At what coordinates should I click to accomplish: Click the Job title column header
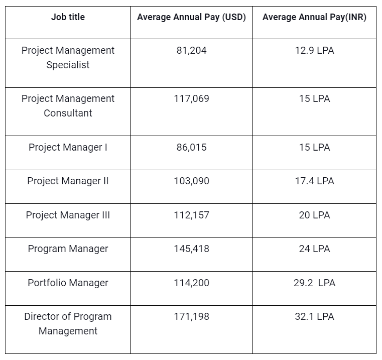point(68,17)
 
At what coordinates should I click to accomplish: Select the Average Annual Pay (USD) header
point(191,17)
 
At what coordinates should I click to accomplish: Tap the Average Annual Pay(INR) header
point(314,17)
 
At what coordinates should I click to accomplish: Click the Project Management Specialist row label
point(68,58)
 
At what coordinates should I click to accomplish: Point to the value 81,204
point(191,51)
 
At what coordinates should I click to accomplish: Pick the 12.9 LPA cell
point(314,51)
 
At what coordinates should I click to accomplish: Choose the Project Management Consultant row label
point(68,106)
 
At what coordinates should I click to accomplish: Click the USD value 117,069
point(191,99)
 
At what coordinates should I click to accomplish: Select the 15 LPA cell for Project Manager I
point(314,148)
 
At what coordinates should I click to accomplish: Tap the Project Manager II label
point(68,181)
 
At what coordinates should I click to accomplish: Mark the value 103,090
point(191,181)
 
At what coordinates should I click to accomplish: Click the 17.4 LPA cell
point(314,181)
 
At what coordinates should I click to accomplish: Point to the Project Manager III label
point(68,215)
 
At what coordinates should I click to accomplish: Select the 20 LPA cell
point(314,215)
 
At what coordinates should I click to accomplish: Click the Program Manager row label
point(68,249)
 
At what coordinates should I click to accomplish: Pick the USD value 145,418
point(191,249)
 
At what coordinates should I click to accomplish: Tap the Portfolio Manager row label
point(68,283)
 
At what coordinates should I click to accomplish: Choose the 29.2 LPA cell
point(314,283)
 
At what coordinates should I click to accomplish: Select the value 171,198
point(191,317)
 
